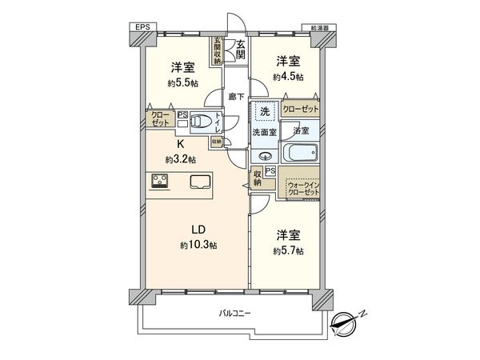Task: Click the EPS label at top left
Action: [x=142, y=27]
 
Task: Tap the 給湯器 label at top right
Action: [x=324, y=27]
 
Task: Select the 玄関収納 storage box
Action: [x=217, y=51]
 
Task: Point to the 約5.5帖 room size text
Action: [x=182, y=82]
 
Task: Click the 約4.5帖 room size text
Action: [x=288, y=77]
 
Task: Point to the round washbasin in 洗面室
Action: [x=266, y=156]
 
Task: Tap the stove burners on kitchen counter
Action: [x=159, y=181]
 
